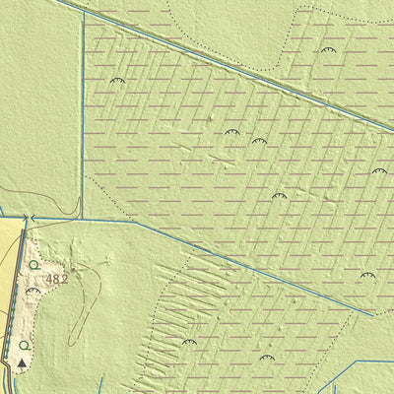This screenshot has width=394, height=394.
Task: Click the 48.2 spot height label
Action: click(56, 280)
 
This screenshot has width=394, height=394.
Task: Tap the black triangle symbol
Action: click(22, 362)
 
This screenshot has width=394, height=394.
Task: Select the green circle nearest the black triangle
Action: click(24, 345)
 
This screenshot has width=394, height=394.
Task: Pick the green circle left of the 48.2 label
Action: click(33, 264)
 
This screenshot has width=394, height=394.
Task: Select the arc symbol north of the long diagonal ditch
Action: click(327, 49)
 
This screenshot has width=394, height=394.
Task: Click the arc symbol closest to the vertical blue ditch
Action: click(117, 81)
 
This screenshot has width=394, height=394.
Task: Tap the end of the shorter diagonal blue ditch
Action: click(372, 315)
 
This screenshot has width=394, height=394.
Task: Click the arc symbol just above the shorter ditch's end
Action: click(366, 276)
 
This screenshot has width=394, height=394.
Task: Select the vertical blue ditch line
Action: click(84, 118)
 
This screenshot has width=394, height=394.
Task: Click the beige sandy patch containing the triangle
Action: click(39, 305)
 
